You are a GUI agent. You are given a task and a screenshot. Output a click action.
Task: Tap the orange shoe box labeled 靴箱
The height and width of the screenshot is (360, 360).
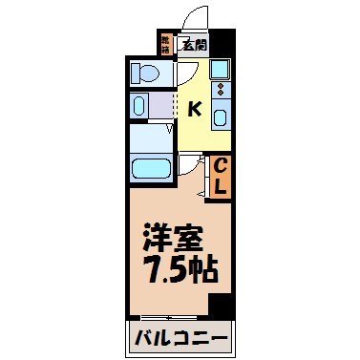pyautogui.click(x=166, y=42)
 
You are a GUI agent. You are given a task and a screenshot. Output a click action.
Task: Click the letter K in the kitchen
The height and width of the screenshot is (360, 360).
pyautogui.click(x=194, y=109)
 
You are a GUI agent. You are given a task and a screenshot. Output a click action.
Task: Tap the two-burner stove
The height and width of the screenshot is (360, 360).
pyautogui.click(x=222, y=93)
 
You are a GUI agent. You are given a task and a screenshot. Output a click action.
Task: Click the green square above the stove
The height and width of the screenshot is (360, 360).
pyautogui.click(x=221, y=69)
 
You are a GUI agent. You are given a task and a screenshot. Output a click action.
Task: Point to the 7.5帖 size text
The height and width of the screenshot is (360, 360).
pyautogui.click(x=180, y=269)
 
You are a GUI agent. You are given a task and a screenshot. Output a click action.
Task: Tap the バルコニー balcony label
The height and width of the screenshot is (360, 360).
pyautogui.click(x=180, y=337)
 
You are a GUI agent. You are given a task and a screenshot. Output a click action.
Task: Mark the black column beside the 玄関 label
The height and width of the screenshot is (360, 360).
pyautogui.click(x=221, y=43)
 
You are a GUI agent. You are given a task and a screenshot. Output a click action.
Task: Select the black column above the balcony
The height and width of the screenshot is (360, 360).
pyautogui.click(x=221, y=307)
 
